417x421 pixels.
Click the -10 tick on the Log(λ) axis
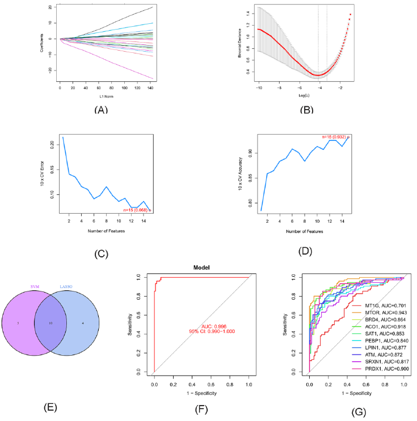[x=259, y=89]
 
